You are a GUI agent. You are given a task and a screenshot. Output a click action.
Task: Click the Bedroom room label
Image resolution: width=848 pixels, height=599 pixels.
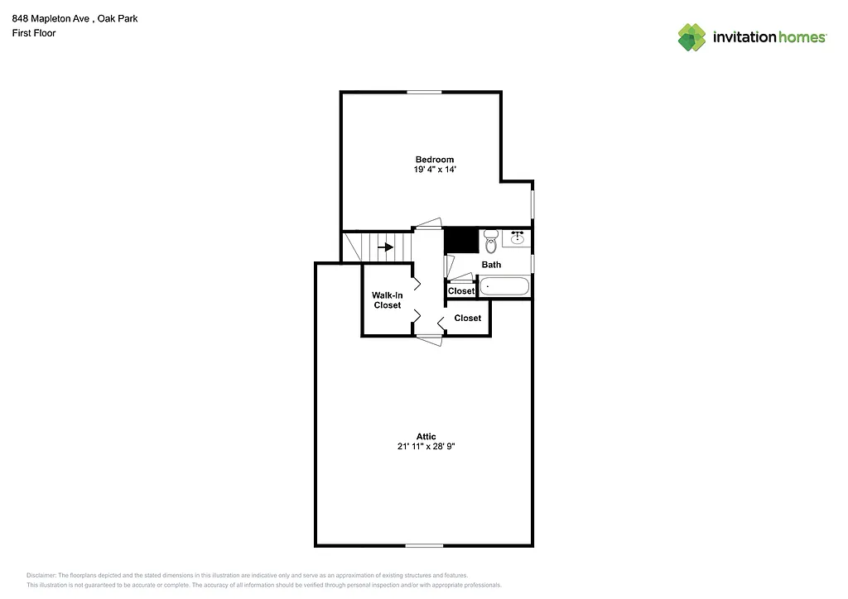tap(434, 159)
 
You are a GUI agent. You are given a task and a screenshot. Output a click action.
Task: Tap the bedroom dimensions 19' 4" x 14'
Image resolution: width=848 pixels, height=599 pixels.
tap(434, 170)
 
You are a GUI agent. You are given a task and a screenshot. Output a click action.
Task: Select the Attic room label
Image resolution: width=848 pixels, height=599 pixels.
tap(426, 436)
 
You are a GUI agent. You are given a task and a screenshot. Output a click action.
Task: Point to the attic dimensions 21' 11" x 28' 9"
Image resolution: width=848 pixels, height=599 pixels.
tap(426, 447)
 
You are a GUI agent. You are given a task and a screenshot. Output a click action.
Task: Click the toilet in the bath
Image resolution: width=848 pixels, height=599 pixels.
tap(490, 242)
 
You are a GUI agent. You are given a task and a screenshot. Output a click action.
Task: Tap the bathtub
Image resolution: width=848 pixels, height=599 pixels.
tap(504, 287)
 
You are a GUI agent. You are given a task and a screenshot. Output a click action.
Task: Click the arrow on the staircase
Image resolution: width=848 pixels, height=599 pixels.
tap(385, 247)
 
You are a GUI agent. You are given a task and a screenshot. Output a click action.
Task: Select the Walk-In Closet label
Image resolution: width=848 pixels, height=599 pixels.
tap(387, 299)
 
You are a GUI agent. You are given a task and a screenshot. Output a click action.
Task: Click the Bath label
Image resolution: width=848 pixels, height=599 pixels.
tap(491, 265)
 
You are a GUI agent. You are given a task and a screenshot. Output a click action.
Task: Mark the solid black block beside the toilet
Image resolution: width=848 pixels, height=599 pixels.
tap(462, 240)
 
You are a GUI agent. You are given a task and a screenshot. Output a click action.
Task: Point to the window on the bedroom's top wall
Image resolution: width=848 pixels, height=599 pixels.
tap(423, 92)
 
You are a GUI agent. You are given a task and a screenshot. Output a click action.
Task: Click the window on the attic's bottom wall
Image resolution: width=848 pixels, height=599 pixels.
tap(423, 545)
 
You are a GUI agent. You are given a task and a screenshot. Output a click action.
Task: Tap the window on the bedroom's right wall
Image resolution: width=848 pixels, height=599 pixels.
tap(532, 204)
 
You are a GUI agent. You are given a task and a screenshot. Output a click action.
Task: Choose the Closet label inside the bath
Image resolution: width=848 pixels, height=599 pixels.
tap(461, 291)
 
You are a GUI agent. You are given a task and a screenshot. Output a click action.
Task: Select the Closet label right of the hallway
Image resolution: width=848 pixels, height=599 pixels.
tap(467, 318)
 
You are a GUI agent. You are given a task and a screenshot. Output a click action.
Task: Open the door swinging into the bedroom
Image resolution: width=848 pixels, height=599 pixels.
tap(429, 223)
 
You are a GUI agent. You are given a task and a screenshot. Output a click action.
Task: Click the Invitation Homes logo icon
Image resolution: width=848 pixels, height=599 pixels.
tap(691, 37)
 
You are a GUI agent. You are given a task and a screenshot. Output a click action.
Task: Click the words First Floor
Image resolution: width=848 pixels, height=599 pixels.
tap(33, 33)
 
